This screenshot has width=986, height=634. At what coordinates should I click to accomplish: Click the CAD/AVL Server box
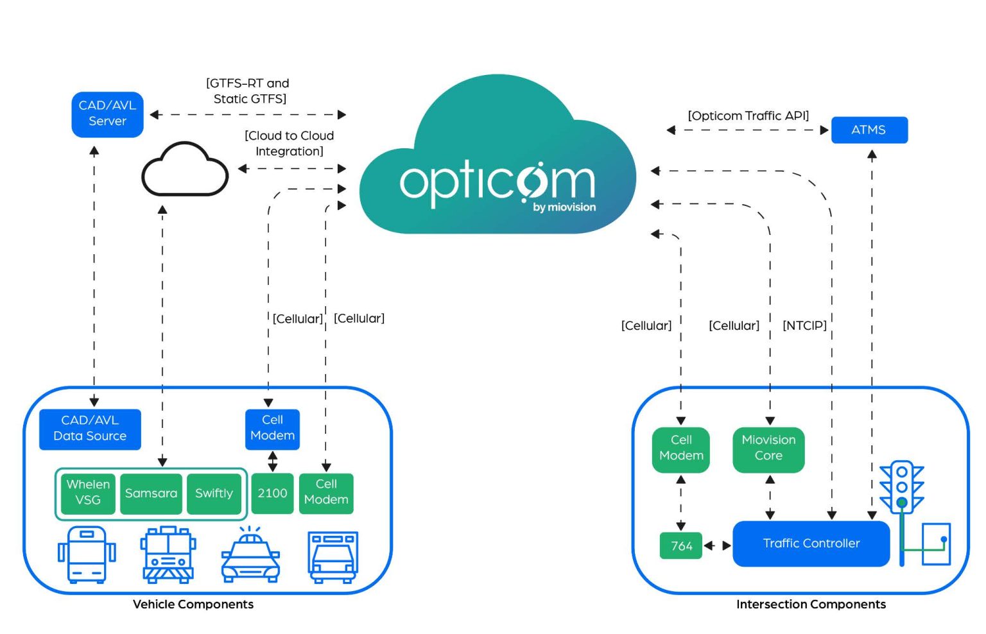tap(107, 114)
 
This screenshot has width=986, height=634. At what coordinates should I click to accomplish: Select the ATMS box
tap(869, 130)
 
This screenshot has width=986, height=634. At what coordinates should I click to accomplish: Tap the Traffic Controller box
tap(811, 544)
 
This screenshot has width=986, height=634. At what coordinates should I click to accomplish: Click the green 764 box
tap(681, 546)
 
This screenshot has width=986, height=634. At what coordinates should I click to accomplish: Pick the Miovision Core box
tap(768, 449)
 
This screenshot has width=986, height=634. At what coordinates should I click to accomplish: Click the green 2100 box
tap(272, 493)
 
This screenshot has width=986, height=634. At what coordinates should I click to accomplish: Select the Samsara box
tap(151, 493)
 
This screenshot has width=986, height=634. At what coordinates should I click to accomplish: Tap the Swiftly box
tap(214, 493)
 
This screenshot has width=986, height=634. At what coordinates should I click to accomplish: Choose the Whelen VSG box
tap(88, 493)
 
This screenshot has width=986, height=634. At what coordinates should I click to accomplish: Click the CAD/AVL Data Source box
tap(90, 429)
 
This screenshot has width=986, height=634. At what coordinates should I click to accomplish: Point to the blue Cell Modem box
tap(272, 428)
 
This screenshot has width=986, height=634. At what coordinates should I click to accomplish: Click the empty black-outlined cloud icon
tap(185, 171)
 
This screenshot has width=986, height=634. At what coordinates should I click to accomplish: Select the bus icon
tap(87, 555)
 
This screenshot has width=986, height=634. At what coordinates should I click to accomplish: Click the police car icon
tap(250, 557)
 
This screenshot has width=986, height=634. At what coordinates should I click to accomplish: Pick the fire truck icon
tap(168, 555)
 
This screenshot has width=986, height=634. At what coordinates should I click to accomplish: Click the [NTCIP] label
tap(804, 325)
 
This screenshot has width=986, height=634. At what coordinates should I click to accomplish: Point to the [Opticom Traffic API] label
tap(748, 116)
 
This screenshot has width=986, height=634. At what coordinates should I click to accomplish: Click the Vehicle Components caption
tap(193, 604)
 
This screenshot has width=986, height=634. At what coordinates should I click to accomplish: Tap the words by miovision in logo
tap(564, 207)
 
